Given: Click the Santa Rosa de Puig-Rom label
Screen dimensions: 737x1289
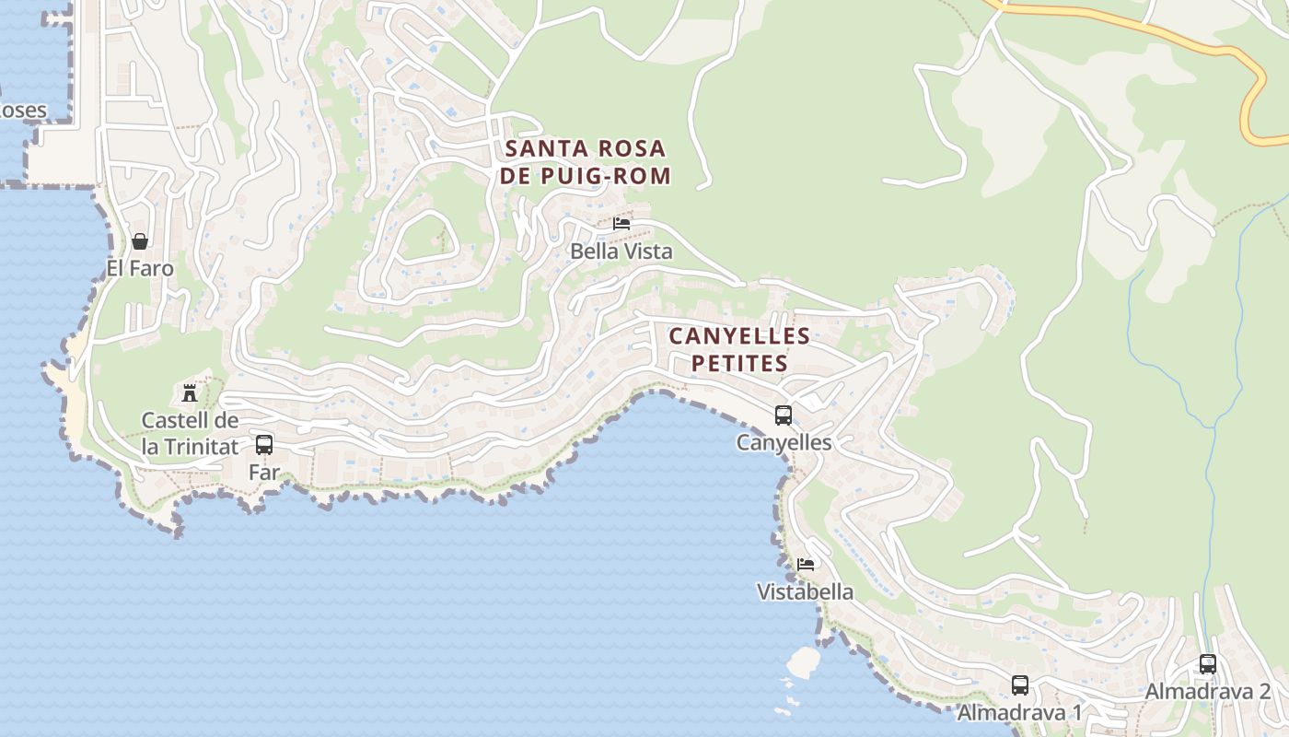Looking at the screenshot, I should point(586,161).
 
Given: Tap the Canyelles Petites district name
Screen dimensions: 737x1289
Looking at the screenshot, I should point(739,349).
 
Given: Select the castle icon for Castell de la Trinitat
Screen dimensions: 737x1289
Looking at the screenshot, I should point(190,393).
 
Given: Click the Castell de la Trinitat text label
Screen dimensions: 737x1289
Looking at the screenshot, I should point(190,434).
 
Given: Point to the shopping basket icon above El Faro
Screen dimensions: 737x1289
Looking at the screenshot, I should point(140,241).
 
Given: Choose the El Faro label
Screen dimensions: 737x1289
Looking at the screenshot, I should point(140,268).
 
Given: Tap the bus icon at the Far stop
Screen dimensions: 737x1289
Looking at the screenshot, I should point(264,445).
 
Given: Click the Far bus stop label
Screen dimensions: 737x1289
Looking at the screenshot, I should point(263,472).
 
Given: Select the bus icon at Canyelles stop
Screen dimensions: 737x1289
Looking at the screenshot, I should point(784,415).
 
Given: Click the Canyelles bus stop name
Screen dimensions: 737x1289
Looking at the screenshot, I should point(784,442).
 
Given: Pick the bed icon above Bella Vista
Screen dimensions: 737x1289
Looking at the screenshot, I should point(621,224).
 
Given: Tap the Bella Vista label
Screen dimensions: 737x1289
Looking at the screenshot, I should point(621,251).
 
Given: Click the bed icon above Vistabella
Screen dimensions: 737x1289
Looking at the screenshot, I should point(806,565).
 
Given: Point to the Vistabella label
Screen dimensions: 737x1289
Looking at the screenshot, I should point(806,591).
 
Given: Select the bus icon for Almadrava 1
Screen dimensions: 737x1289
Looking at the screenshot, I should point(1020,685).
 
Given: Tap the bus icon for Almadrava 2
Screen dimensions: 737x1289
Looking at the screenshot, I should point(1208,664).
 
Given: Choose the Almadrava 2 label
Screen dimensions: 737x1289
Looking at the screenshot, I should point(1208,691).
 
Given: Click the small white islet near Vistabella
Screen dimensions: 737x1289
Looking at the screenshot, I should point(804,661).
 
